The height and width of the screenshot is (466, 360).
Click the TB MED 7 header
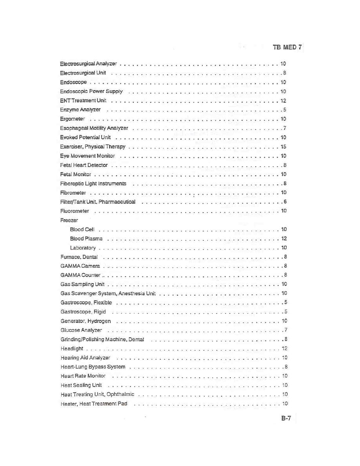(x=287, y=47)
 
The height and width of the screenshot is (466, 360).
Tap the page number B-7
(x=286, y=419)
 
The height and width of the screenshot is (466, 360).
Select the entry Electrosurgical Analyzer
(x=88, y=64)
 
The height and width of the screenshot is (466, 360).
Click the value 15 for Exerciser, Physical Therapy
(x=284, y=147)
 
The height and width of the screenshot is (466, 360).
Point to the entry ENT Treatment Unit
(x=83, y=101)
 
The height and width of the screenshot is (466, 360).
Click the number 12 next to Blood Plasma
(x=284, y=238)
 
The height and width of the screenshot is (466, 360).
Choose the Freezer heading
(x=69, y=220)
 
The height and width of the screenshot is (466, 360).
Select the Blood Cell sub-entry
(x=82, y=229)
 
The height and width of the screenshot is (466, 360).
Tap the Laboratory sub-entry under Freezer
(x=83, y=248)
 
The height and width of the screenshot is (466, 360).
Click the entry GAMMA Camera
(x=80, y=266)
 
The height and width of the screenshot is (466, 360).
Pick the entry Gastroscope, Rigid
(x=83, y=312)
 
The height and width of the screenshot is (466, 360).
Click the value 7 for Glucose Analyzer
(x=286, y=330)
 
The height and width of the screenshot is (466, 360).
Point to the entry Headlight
(x=72, y=349)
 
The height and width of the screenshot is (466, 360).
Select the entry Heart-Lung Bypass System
(x=93, y=367)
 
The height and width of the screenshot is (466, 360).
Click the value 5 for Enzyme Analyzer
(x=285, y=110)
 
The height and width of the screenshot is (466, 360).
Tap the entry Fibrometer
(x=73, y=193)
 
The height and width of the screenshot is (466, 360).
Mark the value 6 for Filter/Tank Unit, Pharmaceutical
(x=285, y=202)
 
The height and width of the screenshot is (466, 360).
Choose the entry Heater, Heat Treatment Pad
(x=94, y=404)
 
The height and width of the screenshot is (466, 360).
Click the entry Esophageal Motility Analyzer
(x=94, y=128)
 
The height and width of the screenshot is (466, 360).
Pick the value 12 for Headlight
(x=285, y=349)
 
